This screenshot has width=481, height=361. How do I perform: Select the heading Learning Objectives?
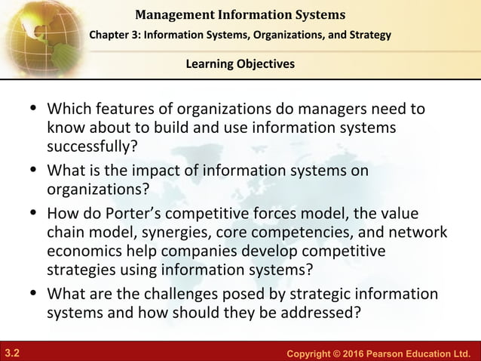(240, 63)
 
